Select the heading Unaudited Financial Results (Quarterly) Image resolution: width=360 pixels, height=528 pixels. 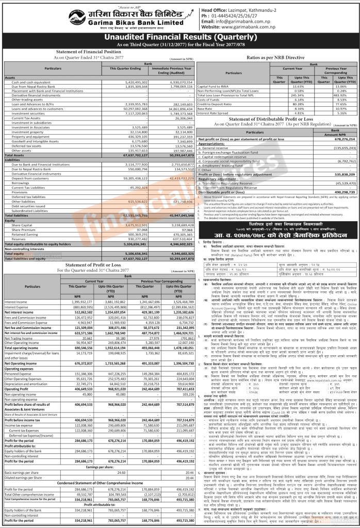(x=179, y=37)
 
